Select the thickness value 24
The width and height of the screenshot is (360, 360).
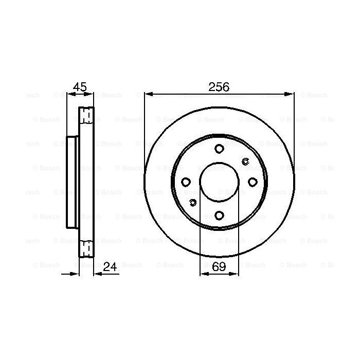(111, 266)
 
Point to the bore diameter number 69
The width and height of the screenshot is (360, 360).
(219, 266)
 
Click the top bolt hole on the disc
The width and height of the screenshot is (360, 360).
(219, 149)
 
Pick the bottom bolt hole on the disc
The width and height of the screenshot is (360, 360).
(219, 215)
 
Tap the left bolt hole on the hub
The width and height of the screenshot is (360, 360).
(186, 182)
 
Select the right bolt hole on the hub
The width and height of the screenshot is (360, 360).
(252, 182)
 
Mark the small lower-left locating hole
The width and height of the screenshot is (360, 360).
(193, 202)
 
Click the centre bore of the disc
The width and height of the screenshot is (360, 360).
(219, 182)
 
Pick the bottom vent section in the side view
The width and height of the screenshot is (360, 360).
(86, 250)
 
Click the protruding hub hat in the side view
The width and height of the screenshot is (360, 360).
(73, 182)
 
